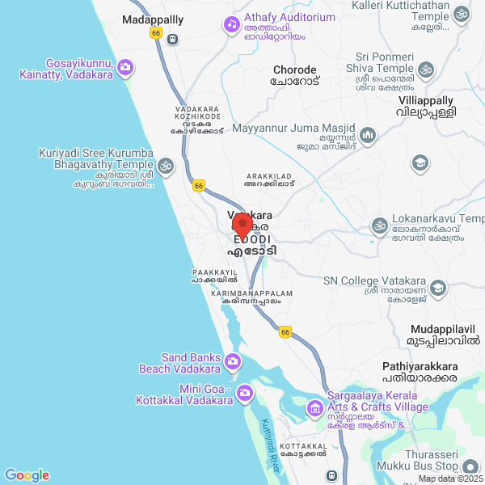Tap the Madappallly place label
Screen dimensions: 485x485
click(153, 19)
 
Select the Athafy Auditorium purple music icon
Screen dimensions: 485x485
click(231, 23)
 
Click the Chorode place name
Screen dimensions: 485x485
click(296, 70)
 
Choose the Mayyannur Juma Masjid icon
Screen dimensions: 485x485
click(368, 134)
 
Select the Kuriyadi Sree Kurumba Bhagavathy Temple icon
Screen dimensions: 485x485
click(166, 167)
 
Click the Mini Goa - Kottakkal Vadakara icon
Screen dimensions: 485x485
click(244, 393)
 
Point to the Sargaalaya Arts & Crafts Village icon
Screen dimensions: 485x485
click(314, 409)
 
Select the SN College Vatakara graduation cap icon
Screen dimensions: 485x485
click(437, 288)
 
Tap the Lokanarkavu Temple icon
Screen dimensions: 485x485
click(377, 225)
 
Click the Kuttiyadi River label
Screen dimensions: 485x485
click(272, 445)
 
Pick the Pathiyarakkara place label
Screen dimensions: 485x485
click(420, 367)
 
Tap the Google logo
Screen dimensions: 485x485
click(27, 475)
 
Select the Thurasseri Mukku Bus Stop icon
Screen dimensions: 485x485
click(471, 466)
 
